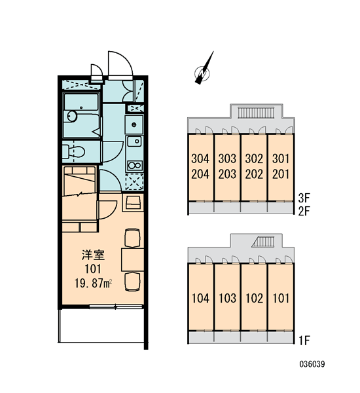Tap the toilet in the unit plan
pyautogui.click(x=74, y=151)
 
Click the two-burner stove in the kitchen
pyautogui.click(x=135, y=166)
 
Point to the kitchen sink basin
pyautogui.click(x=135, y=141)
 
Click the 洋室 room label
pyautogui.click(x=93, y=255)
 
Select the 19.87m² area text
pyautogui.click(x=93, y=283)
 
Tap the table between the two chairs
pyautogui.click(x=132, y=259)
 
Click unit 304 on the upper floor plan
pyautogui.click(x=200, y=159)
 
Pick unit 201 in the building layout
pyautogui.click(x=281, y=174)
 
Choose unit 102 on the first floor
pyautogui.click(x=254, y=298)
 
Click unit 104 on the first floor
pyautogui.click(x=200, y=298)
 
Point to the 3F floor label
pyautogui.click(x=304, y=198)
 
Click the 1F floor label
pyautogui.click(x=304, y=340)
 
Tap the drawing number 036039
pyautogui.click(x=312, y=364)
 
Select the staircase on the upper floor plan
pyautogui.click(x=256, y=112)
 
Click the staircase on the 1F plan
pyautogui.click(x=263, y=242)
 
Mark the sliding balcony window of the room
pyautogui.click(x=116, y=306)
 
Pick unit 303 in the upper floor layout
pyautogui.click(x=227, y=159)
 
